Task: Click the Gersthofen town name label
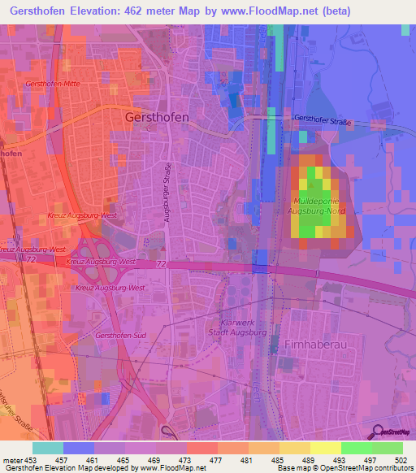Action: pyautogui.click(x=158, y=117)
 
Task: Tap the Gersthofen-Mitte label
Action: pyautogui.click(x=53, y=84)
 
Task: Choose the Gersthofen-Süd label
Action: pyautogui.click(x=120, y=335)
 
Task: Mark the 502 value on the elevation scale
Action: pyautogui.click(x=402, y=459)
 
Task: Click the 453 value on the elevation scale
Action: pyautogui.click(x=32, y=459)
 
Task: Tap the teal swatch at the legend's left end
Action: pyautogui.click(x=47, y=448)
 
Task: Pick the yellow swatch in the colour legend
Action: pyautogui.click(x=325, y=448)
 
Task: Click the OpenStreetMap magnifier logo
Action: pyautogui.click(x=377, y=432)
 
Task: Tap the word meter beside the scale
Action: pyautogui.click(x=11, y=459)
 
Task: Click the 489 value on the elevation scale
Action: pyautogui.click(x=310, y=459)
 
